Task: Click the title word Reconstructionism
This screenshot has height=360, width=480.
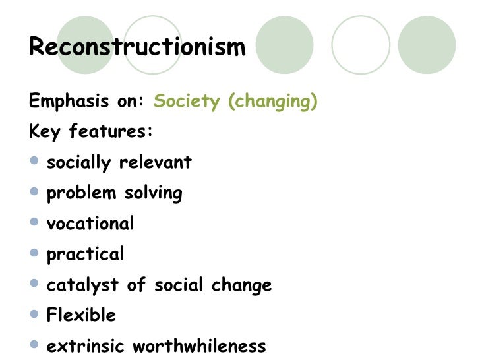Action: click(x=137, y=48)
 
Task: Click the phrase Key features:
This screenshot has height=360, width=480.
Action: click(x=91, y=131)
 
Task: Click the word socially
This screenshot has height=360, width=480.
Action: click(x=79, y=162)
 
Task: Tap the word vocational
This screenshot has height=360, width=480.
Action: click(x=90, y=224)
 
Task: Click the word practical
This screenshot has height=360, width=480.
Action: click(x=85, y=255)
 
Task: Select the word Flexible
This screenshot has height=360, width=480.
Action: click(x=81, y=315)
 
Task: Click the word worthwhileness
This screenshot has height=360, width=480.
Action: click(x=200, y=346)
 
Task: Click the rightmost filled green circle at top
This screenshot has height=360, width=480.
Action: click(x=427, y=45)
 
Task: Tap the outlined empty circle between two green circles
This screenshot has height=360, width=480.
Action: click(x=361, y=45)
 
